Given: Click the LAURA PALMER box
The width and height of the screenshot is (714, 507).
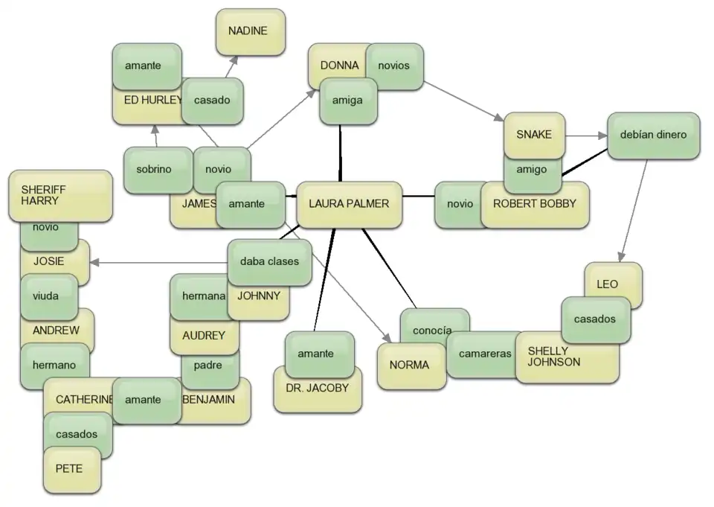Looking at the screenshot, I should point(349,204).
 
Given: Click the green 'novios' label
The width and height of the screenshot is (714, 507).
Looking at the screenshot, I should point(394,66).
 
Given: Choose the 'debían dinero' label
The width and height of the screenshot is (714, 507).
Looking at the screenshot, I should point(653,135).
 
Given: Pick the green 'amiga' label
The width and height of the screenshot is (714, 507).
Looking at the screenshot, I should point(347,101).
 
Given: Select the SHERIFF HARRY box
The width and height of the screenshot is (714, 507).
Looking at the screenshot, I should point(59,195).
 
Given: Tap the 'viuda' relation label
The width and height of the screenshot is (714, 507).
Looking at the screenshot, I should point(46,295).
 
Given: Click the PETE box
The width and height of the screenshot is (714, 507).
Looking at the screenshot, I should point(69,470).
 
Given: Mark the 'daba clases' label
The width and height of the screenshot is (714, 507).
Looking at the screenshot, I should point(269,262).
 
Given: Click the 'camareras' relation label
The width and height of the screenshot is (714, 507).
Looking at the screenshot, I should point(483,354).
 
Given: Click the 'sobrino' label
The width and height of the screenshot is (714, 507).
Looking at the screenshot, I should point(154,170).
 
